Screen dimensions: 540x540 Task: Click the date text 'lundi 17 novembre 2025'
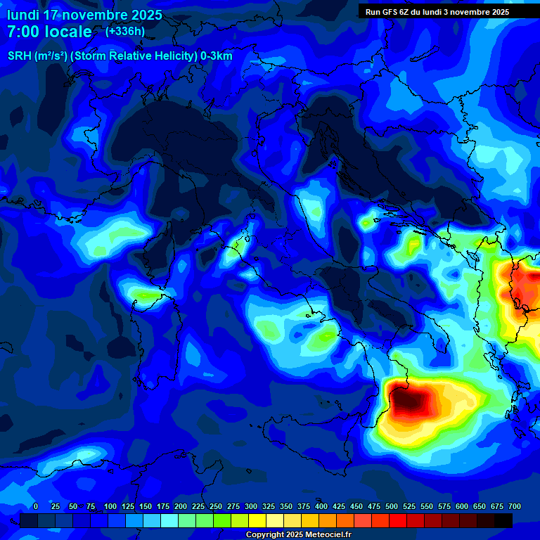click(84, 15)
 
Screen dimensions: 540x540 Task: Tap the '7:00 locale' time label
click(49, 32)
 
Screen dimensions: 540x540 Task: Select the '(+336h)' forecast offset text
click(125, 31)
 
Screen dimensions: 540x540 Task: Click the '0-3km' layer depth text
click(217, 56)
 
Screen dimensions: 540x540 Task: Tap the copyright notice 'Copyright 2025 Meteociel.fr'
click(298, 535)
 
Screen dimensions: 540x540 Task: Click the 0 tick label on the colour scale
click(36, 506)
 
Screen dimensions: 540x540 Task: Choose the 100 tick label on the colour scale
click(110, 506)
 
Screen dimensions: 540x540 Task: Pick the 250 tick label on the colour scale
click(216, 506)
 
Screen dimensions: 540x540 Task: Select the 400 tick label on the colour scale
click(321, 506)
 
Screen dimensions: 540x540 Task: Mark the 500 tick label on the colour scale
click(392, 506)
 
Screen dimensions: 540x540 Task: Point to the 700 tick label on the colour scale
click(515, 506)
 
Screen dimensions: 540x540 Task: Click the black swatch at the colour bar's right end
click(503, 520)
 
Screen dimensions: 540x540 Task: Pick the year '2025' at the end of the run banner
click(499, 12)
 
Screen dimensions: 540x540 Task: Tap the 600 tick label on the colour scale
click(462, 506)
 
